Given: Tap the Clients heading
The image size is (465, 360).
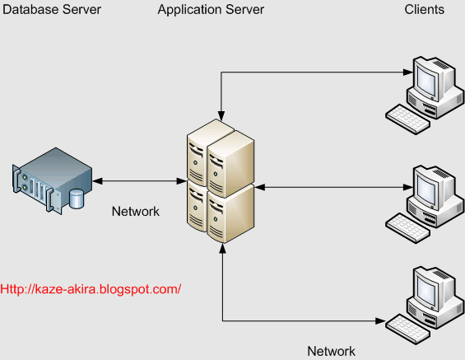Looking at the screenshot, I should (425, 10).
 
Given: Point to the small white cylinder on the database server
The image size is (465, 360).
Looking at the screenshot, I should (77, 199).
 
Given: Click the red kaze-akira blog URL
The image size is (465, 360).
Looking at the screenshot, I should (91, 289).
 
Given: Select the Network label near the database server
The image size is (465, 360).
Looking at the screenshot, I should (135, 212).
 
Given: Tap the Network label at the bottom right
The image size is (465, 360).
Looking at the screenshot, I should (332, 351).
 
